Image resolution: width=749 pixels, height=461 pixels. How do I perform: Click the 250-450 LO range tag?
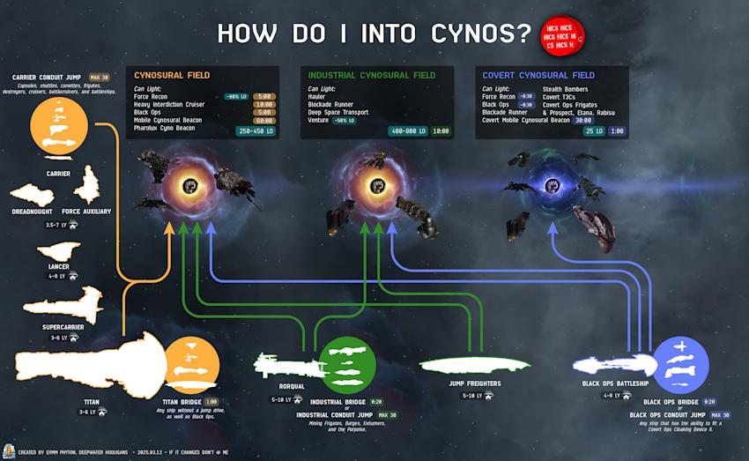(257, 130)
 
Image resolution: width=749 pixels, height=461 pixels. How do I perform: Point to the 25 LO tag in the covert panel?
(591, 130)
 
